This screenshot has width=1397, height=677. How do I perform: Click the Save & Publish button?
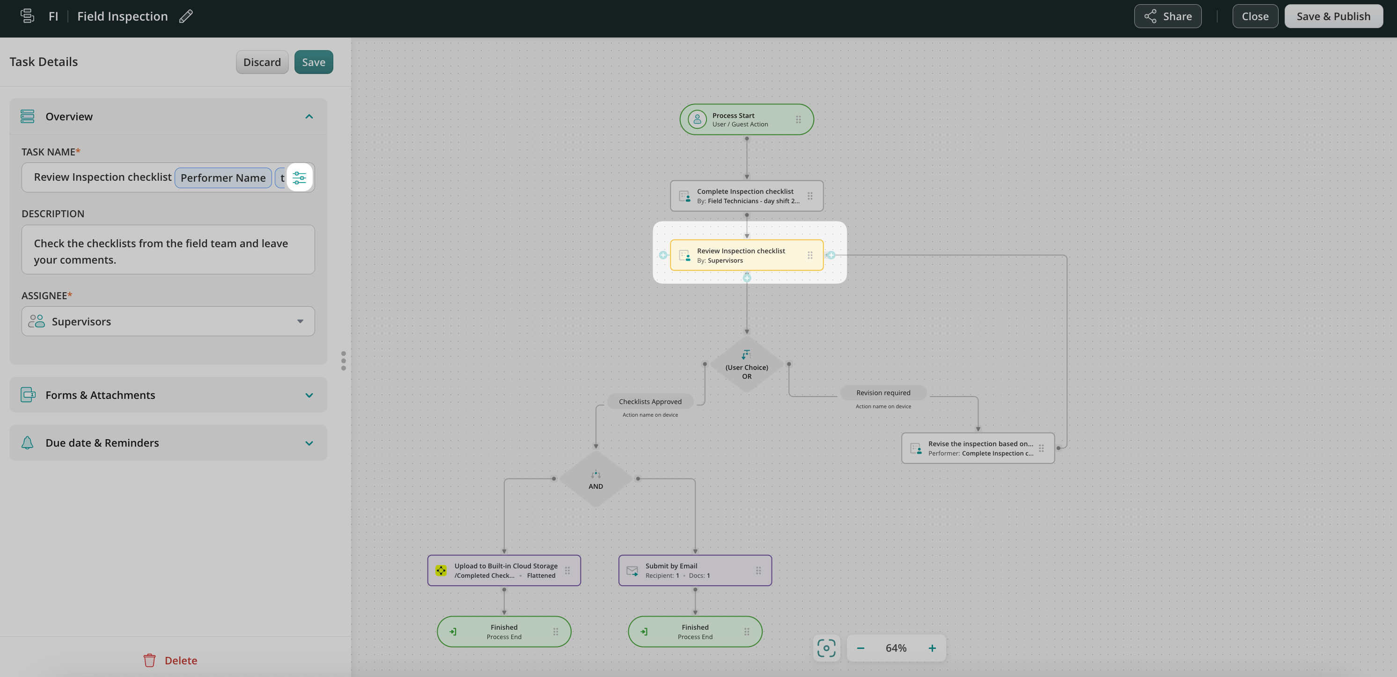pos(1333,16)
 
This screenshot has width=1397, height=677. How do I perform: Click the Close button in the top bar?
pos(1255,16)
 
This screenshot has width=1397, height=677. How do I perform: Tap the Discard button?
pos(262,62)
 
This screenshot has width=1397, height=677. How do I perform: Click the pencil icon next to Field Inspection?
pos(186,16)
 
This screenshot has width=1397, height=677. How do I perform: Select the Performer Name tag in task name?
pos(223,178)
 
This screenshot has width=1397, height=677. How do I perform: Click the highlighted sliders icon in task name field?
pos(299,177)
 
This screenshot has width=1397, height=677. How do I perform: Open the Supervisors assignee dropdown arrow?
pos(300,321)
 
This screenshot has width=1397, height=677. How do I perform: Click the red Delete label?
pos(181,660)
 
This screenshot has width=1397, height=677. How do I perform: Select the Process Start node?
pos(746,119)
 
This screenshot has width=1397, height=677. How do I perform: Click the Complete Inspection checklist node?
pos(746,196)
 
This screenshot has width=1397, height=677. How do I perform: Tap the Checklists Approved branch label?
pos(650,401)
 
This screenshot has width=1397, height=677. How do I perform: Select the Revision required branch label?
pos(883,393)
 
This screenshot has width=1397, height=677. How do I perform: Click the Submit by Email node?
pos(695,570)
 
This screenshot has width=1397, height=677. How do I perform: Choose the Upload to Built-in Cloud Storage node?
pos(504,570)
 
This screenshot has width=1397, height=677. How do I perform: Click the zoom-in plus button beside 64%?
pos(932,648)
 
